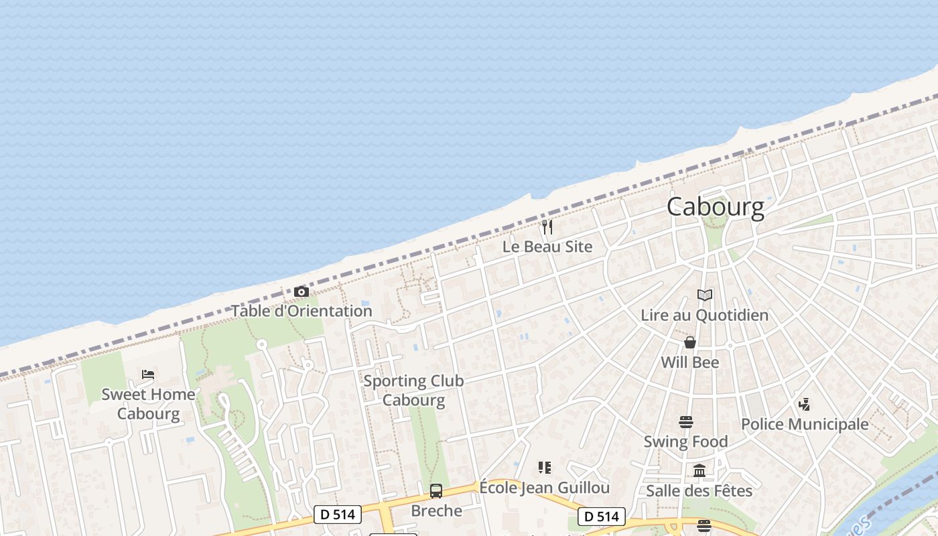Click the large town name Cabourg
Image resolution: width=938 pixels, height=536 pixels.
point(715,207)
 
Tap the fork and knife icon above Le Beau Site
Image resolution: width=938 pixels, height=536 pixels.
point(547,227)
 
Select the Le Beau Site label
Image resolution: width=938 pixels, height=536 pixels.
point(547,247)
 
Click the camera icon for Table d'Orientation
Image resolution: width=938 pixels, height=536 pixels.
point(301,292)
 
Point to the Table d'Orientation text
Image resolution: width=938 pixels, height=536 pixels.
point(301,311)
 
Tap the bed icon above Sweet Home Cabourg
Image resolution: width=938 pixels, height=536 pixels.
point(148,375)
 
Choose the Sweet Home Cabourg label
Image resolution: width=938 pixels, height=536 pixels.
point(148,403)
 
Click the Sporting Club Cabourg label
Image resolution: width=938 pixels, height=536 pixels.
point(413,391)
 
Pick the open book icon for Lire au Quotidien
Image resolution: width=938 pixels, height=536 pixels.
point(704,295)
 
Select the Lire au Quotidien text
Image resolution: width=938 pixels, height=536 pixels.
point(704,315)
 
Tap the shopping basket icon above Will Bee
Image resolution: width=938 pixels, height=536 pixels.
point(689,343)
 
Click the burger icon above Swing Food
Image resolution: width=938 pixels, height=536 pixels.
point(685,422)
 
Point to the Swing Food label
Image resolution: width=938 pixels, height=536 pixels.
point(685,442)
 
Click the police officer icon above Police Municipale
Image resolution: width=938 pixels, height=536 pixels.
point(804,405)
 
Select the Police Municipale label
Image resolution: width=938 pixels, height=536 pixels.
point(804,424)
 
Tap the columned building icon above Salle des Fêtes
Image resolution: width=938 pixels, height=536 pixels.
point(699,471)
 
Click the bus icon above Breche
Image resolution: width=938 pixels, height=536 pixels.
point(436,491)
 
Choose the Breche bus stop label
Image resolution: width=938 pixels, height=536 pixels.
point(436,511)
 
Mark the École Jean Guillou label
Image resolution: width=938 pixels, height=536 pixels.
point(544,487)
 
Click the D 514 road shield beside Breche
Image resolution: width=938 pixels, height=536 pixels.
point(338,515)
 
